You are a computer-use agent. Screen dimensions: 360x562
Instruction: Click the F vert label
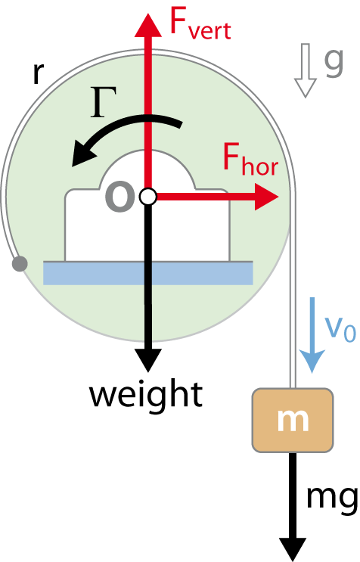point(200,24)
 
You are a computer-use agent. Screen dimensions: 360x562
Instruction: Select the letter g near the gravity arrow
point(334,62)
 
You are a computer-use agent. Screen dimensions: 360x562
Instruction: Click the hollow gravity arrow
point(305,70)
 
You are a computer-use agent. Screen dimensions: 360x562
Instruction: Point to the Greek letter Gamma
point(103,102)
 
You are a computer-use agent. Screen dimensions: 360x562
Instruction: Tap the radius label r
point(38,73)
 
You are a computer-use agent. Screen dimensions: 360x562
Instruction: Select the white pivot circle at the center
point(148,197)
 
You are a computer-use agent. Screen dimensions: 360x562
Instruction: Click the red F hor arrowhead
point(265,197)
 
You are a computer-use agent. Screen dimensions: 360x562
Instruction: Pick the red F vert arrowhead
point(148,25)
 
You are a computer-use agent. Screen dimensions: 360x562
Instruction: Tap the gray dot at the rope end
point(20,264)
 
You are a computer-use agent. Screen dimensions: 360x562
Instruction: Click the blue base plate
point(148,273)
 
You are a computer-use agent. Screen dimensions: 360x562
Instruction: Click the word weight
point(146,394)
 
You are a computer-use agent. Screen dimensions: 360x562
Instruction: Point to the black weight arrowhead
point(148,359)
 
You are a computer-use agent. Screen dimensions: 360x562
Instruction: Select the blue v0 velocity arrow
point(312,335)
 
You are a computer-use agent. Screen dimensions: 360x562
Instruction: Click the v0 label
point(340,328)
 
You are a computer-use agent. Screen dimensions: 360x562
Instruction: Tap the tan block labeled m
point(293,421)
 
